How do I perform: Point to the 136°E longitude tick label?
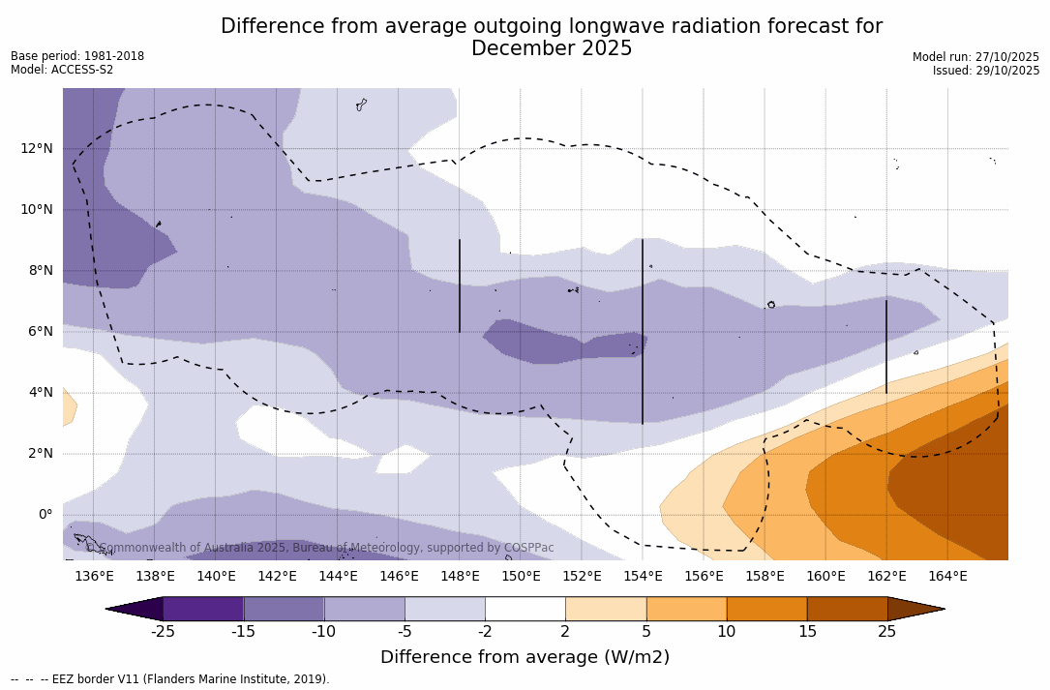coord(94,576)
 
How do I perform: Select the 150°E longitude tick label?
coord(521,576)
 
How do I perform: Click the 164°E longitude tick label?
coord(947,576)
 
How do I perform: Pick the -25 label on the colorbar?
coord(163,632)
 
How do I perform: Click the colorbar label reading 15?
coord(806,632)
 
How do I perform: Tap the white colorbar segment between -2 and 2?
coord(525,609)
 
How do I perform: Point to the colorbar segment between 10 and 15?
coord(766,609)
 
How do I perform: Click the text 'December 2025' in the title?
coord(552,48)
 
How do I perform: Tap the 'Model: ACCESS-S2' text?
coord(62,70)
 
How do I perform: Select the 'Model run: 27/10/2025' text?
coord(975,57)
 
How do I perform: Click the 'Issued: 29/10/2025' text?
coord(986,71)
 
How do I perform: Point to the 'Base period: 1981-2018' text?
coord(77,56)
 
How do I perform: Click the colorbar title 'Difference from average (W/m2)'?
coord(525,657)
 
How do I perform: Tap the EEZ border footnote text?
coord(170,679)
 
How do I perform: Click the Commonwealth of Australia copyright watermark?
coord(320,548)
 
